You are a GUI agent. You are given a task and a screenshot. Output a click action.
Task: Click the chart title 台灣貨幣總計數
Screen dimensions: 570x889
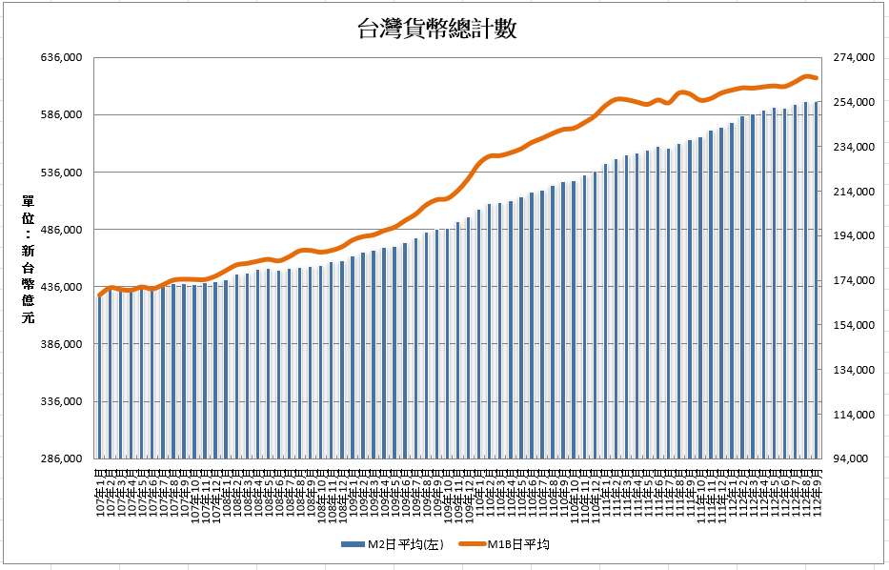436,29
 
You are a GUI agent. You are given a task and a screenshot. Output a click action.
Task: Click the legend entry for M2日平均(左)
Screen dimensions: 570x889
390,544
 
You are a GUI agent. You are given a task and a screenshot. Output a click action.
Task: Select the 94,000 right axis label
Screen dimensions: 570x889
855,458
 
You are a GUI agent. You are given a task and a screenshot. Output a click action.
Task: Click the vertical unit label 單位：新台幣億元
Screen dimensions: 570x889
28,257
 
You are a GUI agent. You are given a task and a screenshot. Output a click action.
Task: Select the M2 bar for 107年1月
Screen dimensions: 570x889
99,381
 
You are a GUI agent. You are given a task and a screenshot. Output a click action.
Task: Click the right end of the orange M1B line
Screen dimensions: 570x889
816,78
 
